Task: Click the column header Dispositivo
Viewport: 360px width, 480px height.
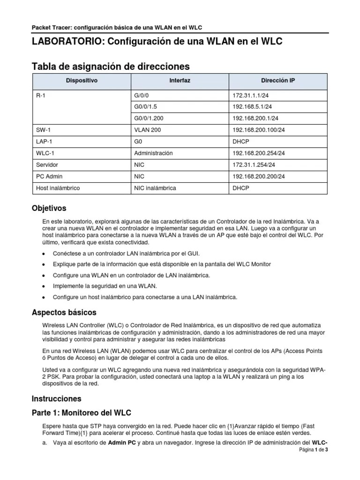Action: [x=82, y=81]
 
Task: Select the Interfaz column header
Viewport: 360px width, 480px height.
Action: [x=180, y=81]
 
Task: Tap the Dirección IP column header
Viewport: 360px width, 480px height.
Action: [x=278, y=81]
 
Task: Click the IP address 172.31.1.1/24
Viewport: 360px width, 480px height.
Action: [x=250, y=95]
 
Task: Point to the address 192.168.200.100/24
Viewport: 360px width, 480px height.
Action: [x=258, y=130]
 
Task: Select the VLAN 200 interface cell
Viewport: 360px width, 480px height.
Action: [x=148, y=130]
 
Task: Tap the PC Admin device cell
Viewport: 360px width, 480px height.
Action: [x=49, y=176]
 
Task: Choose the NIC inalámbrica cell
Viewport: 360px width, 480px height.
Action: [x=155, y=188]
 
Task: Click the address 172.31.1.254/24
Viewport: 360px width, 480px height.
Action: [x=254, y=165]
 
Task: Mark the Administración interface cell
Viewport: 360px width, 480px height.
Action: [x=153, y=153]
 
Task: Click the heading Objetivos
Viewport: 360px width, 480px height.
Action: [x=49, y=208]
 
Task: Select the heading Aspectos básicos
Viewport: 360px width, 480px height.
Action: [x=64, y=312]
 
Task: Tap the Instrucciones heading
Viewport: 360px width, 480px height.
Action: [x=56, y=399]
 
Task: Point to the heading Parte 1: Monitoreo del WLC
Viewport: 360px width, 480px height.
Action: [x=81, y=413]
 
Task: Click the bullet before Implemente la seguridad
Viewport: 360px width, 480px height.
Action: [x=44, y=286]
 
